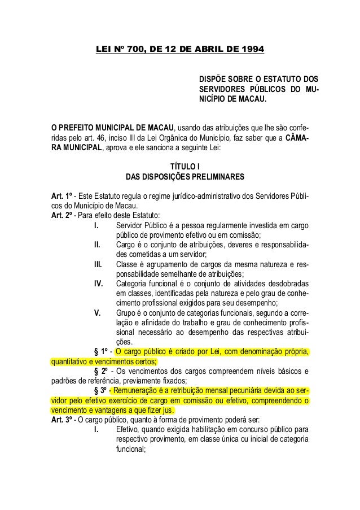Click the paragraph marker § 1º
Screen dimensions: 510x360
pos(102,353)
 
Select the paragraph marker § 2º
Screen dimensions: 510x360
pos(102,372)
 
